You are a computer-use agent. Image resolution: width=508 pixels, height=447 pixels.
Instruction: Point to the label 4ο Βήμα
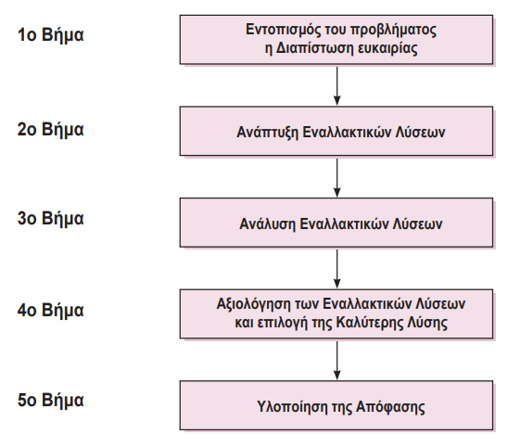[51, 310]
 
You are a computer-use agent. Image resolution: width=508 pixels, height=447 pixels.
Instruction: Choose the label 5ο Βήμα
[51, 401]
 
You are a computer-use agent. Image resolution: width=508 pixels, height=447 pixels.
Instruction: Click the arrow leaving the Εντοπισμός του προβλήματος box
[337, 83]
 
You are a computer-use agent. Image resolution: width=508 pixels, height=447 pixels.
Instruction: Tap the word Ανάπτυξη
[268, 132]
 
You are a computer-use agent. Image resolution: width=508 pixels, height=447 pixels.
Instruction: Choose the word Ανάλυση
[270, 223]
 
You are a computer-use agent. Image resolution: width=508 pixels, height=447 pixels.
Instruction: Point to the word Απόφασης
[387, 406]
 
